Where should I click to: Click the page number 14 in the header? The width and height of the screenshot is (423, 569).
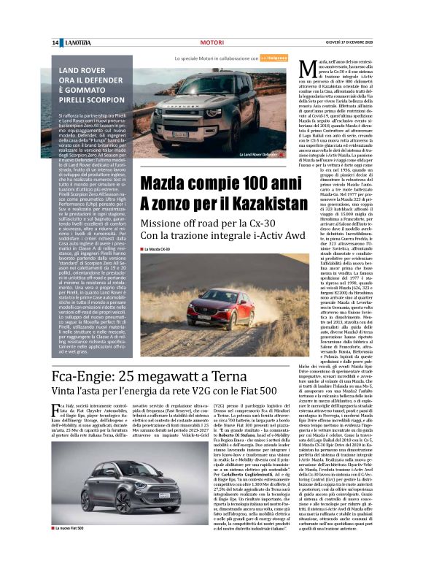point(55,43)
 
